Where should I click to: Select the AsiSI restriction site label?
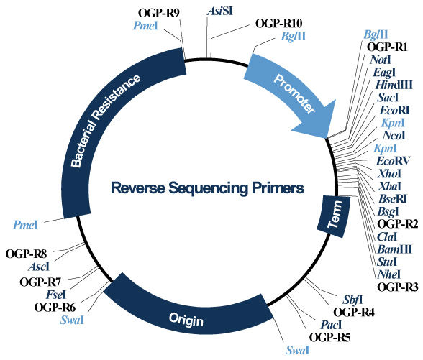(x=217, y=11)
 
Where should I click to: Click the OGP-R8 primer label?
(x=26, y=254)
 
